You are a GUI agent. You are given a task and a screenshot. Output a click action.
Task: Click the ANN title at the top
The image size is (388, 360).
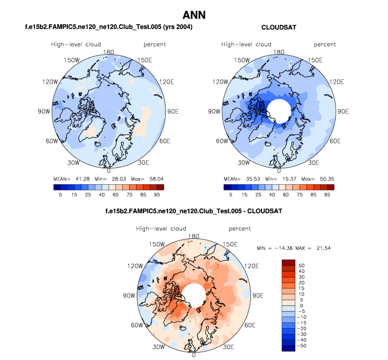(x=194, y=15)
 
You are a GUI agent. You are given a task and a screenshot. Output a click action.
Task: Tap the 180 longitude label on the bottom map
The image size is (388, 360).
(x=194, y=236)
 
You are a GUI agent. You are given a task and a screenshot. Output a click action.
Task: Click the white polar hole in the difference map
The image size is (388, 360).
(x=194, y=295)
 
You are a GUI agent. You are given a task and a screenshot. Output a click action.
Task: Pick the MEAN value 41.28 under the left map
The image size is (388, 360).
(x=78, y=178)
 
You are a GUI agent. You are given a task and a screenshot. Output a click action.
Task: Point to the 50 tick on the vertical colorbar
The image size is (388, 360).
(x=302, y=264)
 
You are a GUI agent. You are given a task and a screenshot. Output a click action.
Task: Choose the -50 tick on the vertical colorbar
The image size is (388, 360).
(x=303, y=346)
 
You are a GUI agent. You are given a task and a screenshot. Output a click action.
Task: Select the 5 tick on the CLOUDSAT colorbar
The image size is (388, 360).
(x=230, y=195)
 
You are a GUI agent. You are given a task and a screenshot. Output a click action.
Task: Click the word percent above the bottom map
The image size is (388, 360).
(x=240, y=229)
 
